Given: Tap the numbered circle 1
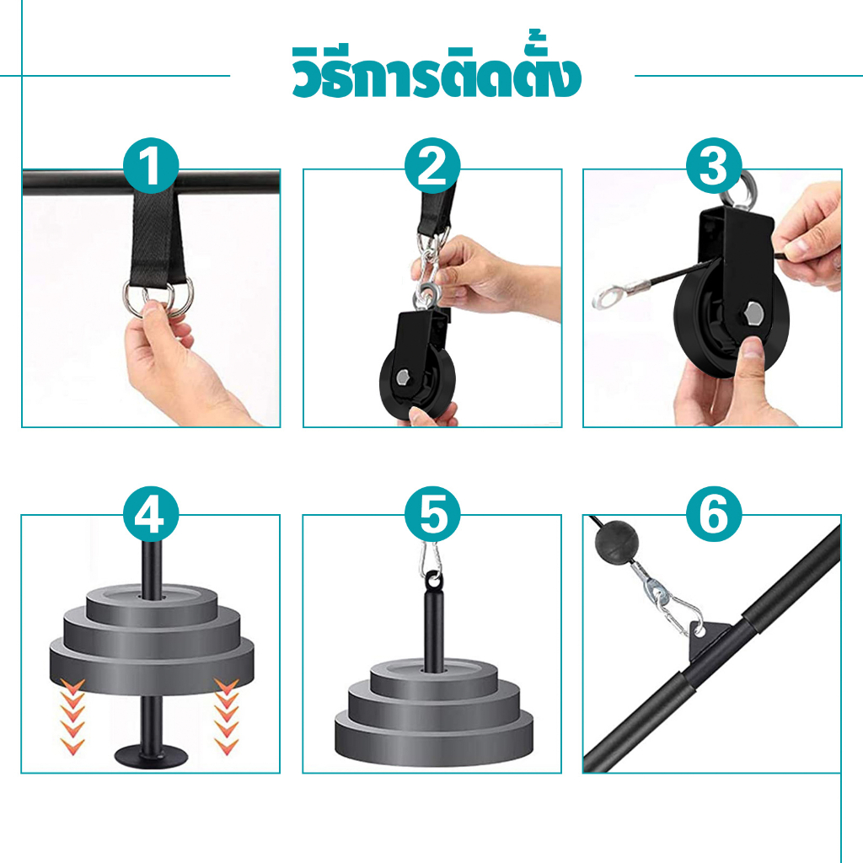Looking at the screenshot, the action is click(x=151, y=166).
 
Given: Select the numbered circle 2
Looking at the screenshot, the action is click(x=432, y=166).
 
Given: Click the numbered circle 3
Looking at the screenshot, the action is click(x=714, y=166).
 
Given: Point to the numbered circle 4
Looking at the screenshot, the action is click(x=151, y=514).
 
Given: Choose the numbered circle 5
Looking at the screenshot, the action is click(x=432, y=514).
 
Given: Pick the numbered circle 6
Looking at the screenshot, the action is click(x=714, y=514).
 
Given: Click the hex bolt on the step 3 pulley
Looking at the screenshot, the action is click(x=753, y=315).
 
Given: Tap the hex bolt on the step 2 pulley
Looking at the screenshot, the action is click(x=403, y=378).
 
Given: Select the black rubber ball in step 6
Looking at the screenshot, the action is click(x=616, y=542).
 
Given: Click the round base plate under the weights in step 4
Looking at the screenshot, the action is click(x=151, y=758).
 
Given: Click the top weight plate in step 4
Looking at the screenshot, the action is click(x=152, y=604).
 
